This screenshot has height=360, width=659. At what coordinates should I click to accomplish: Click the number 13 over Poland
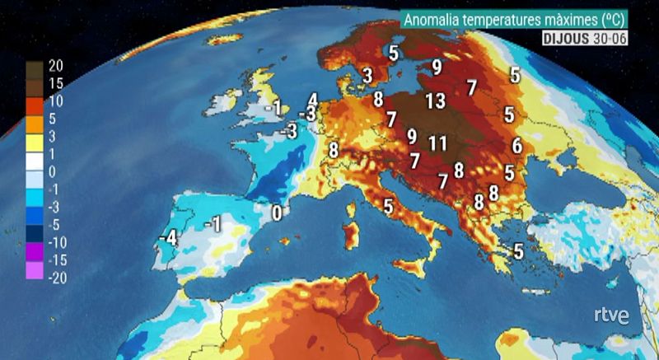tap(436, 101)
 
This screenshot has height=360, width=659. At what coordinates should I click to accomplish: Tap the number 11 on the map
tap(437, 143)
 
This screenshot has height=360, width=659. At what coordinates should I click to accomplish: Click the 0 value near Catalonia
tap(277, 213)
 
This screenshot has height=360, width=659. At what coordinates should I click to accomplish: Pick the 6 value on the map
tap(516, 146)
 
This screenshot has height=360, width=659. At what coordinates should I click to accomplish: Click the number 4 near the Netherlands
tap(312, 100)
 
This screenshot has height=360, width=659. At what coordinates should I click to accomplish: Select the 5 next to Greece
tap(518, 250)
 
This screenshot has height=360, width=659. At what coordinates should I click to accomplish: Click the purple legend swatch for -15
tap(35, 259)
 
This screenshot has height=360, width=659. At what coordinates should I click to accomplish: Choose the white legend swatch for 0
tap(35, 171)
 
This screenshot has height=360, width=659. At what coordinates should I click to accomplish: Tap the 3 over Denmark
tap(367, 76)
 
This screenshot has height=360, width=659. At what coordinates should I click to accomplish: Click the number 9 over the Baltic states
tap(436, 65)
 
